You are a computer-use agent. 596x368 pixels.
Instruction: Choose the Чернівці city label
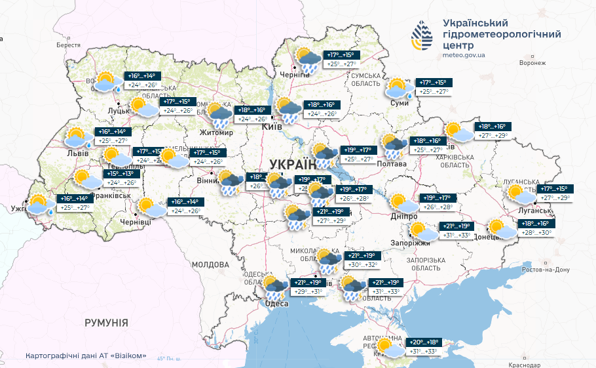click(136, 222)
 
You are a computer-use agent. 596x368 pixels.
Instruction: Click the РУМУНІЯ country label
click(106, 323)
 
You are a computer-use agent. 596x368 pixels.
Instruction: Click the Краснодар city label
click(524, 364)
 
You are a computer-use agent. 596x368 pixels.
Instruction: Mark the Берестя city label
click(68, 45)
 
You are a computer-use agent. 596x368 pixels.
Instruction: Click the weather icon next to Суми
click(398, 88)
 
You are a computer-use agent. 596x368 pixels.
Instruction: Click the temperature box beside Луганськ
click(555, 193)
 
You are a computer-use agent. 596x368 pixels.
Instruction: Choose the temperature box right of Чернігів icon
click(340, 60)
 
